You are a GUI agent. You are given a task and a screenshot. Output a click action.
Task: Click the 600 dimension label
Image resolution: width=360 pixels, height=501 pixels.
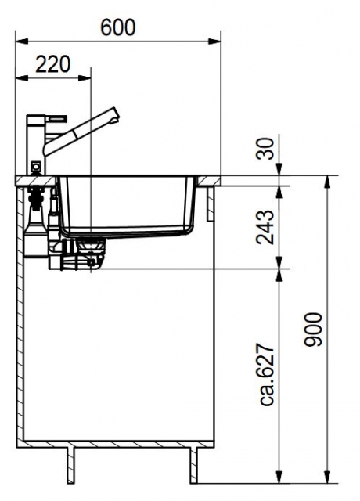118,28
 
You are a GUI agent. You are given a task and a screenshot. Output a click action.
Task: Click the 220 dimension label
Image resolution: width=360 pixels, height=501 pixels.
52,64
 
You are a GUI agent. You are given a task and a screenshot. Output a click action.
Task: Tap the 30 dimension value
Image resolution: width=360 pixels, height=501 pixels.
266,149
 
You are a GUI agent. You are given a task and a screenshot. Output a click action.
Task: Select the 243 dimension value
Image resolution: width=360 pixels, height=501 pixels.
265,227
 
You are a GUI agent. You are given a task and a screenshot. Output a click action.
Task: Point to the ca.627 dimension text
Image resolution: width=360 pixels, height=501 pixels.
266,374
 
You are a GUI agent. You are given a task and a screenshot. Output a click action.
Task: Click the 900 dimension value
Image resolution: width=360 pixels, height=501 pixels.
313,330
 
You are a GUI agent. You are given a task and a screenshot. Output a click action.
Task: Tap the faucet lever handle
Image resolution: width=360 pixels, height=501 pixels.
57,118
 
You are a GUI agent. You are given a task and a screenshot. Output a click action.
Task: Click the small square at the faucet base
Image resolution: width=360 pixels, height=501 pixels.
36,167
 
